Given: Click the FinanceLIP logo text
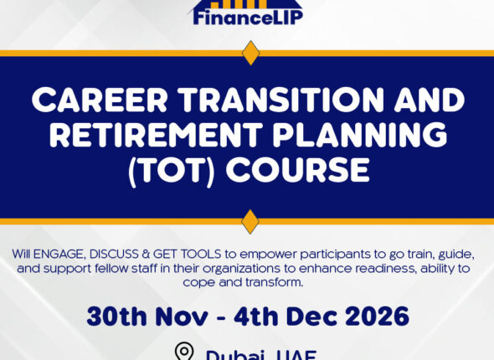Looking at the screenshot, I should tap(247, 14).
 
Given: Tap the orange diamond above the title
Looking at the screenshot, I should tap(250, 53).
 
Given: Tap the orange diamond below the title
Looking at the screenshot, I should tap(250, 222).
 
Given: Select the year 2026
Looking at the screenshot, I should tap(376, 316).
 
